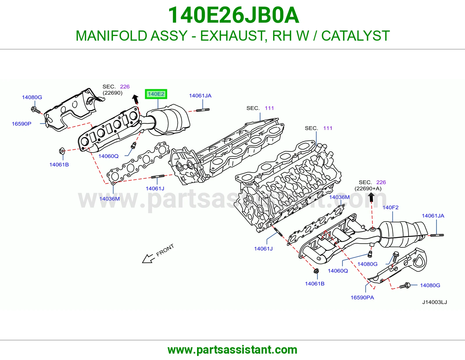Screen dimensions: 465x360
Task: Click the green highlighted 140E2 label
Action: [x=156, y=94]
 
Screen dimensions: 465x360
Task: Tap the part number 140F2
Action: [x=390, y=207]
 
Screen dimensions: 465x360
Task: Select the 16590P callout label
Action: [x=22, y=124]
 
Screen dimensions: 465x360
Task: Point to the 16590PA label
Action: [x=362, y=298]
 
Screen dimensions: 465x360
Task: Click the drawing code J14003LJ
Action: [x=434, y=302]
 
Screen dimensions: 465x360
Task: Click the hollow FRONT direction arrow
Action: [x=148, y=258]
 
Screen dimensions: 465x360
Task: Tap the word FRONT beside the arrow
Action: [x=165, y=250]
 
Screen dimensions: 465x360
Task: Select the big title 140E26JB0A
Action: [x=233, y=15]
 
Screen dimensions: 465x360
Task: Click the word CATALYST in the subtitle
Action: [x=355, y=36]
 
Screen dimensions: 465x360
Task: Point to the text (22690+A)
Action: [x=368, y=188]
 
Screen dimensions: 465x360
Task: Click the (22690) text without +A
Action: [x=112, y=93]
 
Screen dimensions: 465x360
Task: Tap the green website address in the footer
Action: [x=233, y=350]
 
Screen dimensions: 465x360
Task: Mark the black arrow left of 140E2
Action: [x=135, y=99]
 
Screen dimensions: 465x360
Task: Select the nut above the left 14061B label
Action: [x=62, y=151]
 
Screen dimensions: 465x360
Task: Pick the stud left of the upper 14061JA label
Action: [x=203, y=110]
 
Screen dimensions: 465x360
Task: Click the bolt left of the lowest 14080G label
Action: [x=405, y=286]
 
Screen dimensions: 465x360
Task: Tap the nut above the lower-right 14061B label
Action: [x=316, y=271]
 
